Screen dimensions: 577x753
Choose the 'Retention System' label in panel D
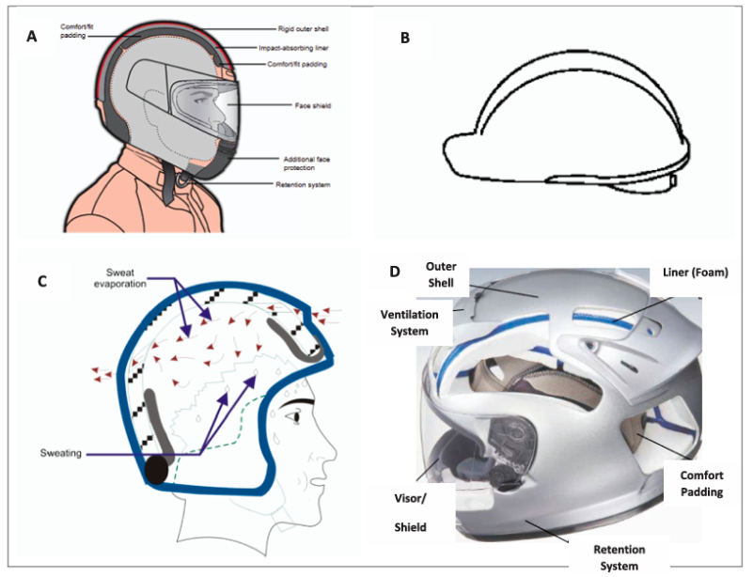(621, 556)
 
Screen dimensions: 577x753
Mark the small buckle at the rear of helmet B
(674, 179)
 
